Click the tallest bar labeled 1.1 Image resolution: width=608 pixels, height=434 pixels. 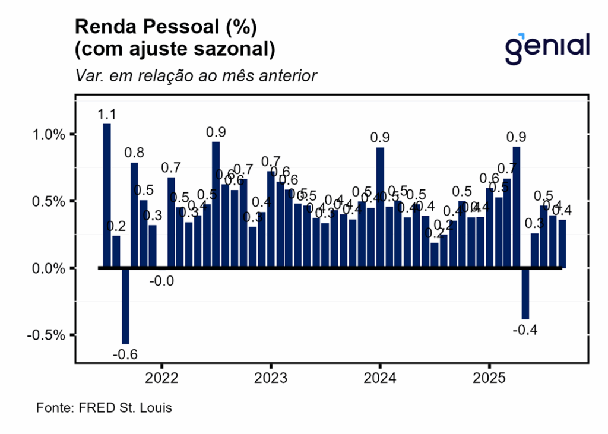[x=107, y=196]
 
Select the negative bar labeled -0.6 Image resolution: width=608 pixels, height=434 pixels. [x=125, y=306]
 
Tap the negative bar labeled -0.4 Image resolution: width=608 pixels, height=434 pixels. [x=525, y=293]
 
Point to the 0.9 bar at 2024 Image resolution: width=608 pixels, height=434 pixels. [x=380, y=208]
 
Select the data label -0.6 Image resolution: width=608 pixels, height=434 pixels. [x=125, y=354]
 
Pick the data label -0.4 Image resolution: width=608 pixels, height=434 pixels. [x=525, y=330]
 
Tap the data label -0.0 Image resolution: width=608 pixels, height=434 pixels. [x=161, y=281]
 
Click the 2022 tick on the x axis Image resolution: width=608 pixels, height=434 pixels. [x=161, y=378]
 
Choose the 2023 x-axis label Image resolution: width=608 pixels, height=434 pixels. [x=271, y=378]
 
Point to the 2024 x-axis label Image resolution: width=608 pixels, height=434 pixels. [x=380, y=378]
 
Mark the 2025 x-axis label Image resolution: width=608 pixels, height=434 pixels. [x=489, y=378]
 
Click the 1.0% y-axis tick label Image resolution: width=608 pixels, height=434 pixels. [x=49, y=135]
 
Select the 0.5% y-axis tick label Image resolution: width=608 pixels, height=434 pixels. [x=49, y=201]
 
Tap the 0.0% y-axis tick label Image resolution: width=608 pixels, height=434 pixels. [x=49, y=268]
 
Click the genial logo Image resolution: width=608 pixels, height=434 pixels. [x=547, y=47]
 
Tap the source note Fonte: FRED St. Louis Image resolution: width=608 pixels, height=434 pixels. [x=104, y=408]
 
